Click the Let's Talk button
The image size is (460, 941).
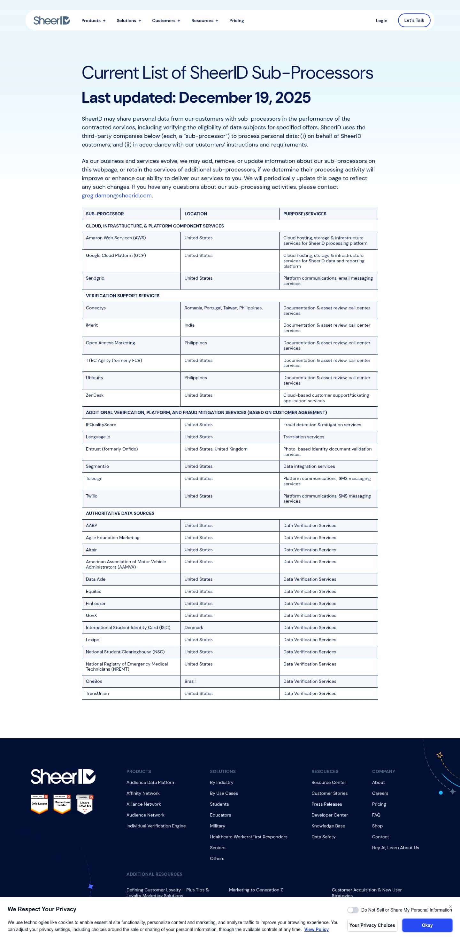pos(414,20)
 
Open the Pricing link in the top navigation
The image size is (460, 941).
pos(236,21)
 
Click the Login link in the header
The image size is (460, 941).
pos(381,21)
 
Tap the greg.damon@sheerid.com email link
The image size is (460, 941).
pos(117,195)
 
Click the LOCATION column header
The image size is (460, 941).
pos(196,214)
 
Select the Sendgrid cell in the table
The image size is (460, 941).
pos(95,278)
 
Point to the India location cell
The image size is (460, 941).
pos(189,325)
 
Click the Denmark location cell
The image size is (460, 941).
pos(194,627)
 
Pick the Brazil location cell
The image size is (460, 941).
pos(190,681)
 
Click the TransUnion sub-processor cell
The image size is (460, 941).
pos(97,693)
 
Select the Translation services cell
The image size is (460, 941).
pos(303,437)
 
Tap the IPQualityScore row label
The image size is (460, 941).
pos(101,425)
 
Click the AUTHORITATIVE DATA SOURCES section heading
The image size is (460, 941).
pos(120,513)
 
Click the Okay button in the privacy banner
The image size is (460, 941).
pos(427,925)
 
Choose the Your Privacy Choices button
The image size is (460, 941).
pos(372,925)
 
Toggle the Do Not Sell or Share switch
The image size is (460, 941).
pos(352,910)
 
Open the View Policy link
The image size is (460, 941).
pos(316,930)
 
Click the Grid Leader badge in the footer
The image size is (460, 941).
pos(39,804)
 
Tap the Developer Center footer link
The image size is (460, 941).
pos(329,815)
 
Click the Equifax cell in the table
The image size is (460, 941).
pos(93,591)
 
